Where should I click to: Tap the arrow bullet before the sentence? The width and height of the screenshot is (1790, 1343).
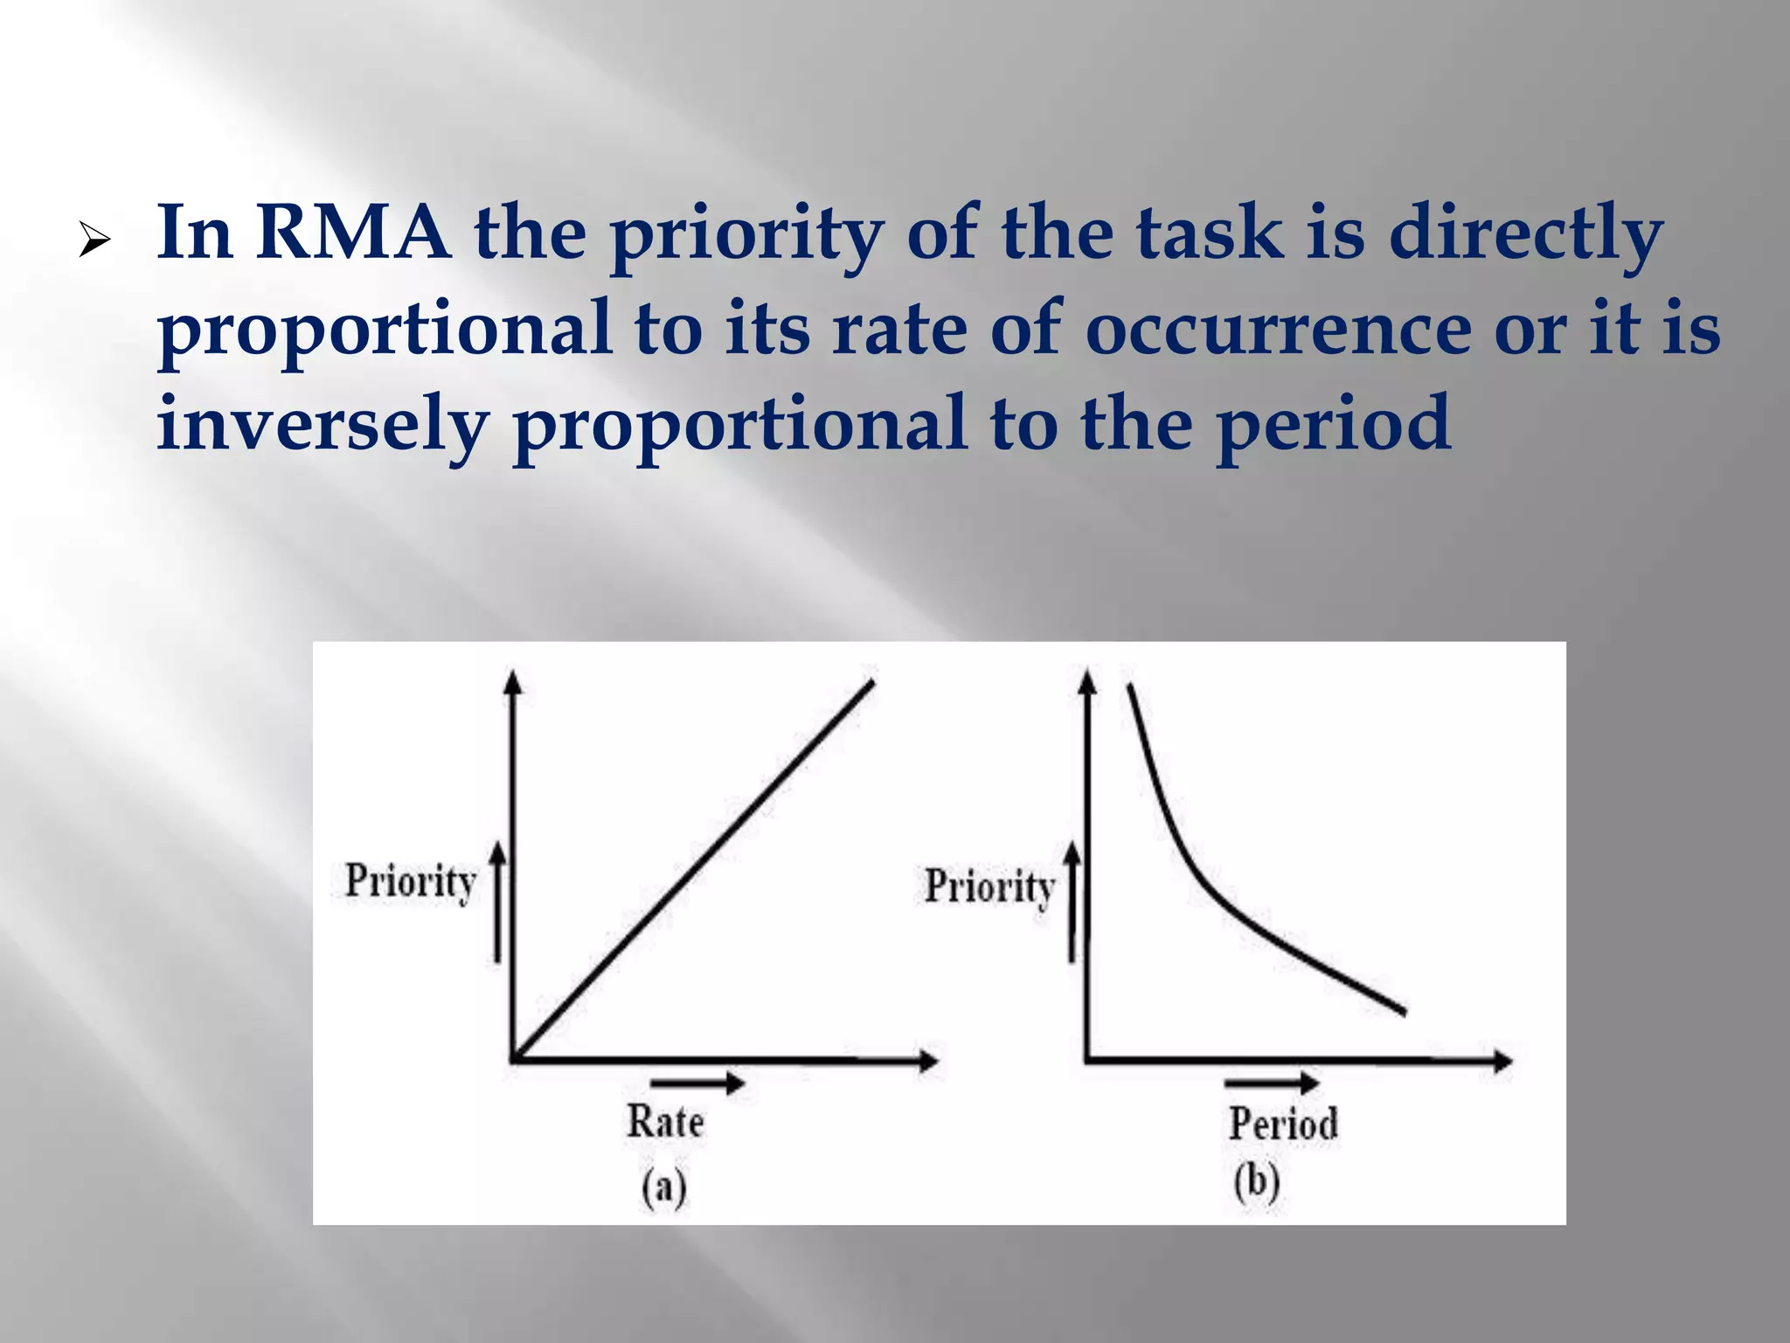click(94, 240)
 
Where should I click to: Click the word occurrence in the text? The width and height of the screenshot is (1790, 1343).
click(1279, 329)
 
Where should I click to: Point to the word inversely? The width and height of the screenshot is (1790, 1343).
click(322, 425)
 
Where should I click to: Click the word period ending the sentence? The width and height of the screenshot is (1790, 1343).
click(1335, 423)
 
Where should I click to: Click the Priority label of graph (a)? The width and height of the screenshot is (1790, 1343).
click(410, 881)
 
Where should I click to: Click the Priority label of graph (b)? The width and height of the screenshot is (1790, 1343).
click(989, 887)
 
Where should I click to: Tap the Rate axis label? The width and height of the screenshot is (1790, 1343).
click(665, 1122)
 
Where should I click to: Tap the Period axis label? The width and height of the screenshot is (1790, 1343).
click(1283, 1124)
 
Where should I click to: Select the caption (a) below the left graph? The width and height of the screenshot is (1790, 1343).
click(664, 1187)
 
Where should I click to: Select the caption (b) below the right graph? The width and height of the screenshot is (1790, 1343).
click(1257, 1182)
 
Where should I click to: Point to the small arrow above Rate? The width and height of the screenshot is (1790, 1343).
click(697, 1084)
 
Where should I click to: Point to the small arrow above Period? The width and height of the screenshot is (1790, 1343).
click(1272, 1083)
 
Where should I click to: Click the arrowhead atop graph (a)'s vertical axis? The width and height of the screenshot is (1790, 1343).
click(513, 681)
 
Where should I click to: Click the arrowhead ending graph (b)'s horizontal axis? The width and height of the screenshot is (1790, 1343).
click(1502, 1061)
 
